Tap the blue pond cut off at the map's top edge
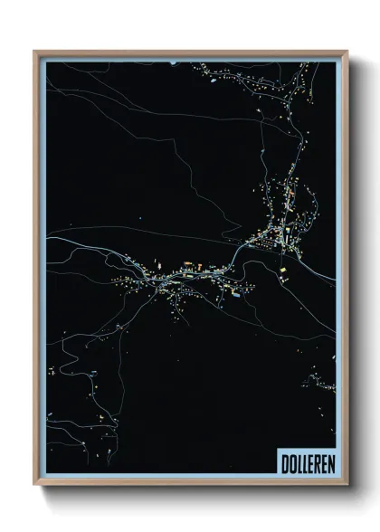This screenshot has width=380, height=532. [173, 62]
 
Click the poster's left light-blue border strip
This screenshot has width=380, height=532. [43, 271]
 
